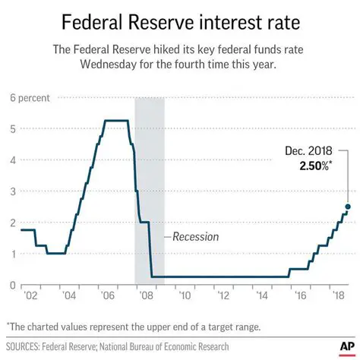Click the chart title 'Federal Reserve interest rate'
[180, 21]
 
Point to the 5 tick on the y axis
[13, 129]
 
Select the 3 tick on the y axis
[13, 191]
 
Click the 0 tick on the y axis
[13, 285]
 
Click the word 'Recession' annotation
[195, 237]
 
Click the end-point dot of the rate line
[348, 207]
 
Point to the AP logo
[340, 339]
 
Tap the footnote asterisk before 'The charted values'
[8, 325]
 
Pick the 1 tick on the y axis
[13, 254]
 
